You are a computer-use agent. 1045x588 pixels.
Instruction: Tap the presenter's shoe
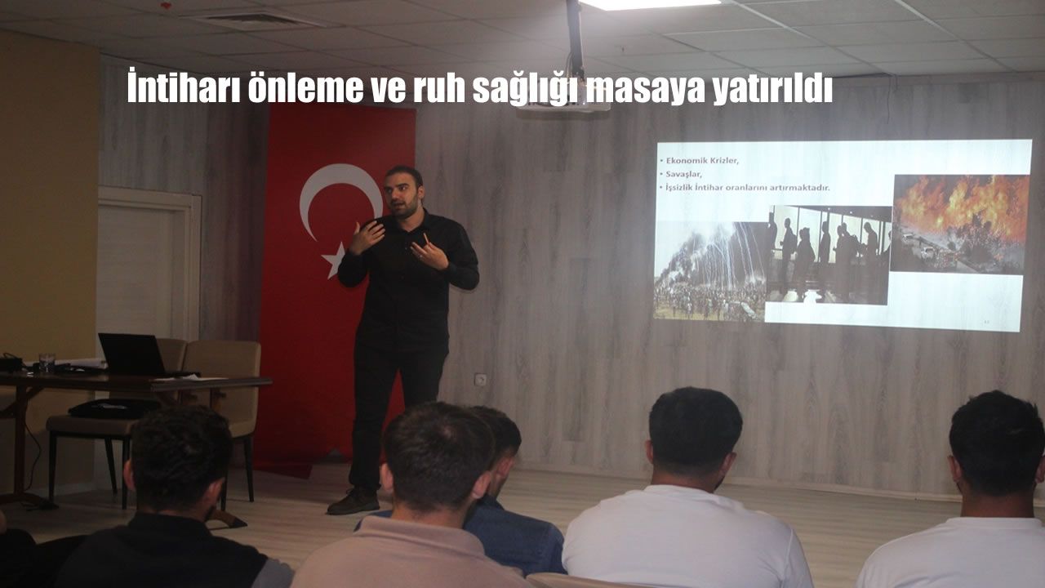point(354,501)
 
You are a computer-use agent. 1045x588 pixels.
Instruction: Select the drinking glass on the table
point(47,362)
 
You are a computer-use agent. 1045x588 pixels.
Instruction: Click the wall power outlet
point(480,380)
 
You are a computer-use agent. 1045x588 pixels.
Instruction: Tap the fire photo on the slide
point(959,224)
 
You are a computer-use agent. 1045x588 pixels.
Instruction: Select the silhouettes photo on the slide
point(828,255)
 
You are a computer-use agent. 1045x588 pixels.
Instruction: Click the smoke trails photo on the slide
point(710,270)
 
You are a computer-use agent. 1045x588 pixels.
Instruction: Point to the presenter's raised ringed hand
point(429,252)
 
